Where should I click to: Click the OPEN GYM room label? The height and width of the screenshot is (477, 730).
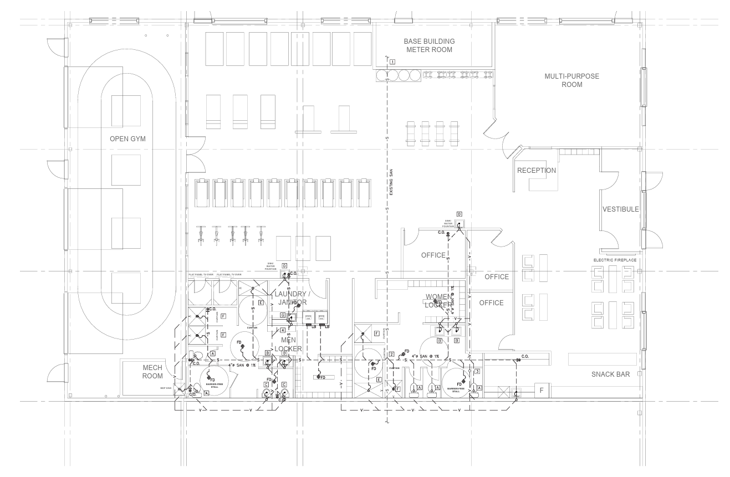tap(127, 139)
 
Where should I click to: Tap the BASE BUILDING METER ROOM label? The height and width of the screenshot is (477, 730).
tap(429, 45)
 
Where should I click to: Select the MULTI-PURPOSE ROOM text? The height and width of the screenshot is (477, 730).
tap(571, 80)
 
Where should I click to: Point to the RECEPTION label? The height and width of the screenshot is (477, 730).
tap(536, 171)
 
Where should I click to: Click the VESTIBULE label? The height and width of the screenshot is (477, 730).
tap(620, 209)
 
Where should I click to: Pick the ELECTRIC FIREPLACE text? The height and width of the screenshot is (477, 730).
tap(615, 260)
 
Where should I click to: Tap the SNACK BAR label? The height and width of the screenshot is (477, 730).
tap(610, 375)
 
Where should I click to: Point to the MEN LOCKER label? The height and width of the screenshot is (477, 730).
tap(288, 344)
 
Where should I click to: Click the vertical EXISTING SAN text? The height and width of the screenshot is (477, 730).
tap(391, 183)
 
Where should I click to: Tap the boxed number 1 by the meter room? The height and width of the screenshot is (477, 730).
tap(392, 61)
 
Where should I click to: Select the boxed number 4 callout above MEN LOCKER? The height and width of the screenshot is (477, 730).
tap(282, 330)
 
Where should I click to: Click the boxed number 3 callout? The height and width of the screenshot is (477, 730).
tap(477, 371)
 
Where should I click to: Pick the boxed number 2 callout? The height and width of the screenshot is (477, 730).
tap(391, 355)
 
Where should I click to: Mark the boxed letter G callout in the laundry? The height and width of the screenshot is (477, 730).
tap(283, 315)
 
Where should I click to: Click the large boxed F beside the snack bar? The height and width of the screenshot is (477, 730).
tap(541, 390)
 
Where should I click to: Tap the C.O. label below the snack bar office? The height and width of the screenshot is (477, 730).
tap(525, 356)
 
